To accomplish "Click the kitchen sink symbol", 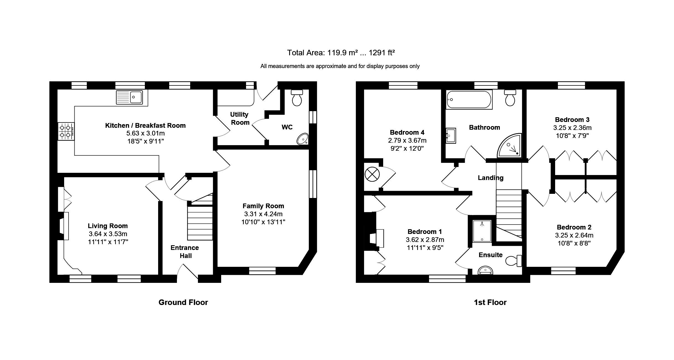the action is click(130, 97).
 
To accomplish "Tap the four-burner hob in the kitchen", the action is click(66, 131).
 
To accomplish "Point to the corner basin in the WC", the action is click(302, 139).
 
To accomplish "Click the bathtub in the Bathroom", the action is click(469, 100).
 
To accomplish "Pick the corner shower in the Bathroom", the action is click(509, 146).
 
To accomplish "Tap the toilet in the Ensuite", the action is click(514, 261).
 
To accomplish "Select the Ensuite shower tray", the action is click(482, 231).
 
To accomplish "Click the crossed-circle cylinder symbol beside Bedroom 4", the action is click(372, 175).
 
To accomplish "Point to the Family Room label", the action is click(263, 206).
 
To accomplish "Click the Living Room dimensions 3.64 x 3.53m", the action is click(108, 234).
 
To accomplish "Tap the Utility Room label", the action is click(239, 118).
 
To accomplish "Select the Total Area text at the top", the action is click(341, 53).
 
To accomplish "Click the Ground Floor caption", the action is click(183, 302).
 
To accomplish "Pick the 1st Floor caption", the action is click(490, 302).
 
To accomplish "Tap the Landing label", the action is click(491, 178).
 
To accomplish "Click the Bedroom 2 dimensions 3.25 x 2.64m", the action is click(574, 235).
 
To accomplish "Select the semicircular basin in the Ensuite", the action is click(485, 270).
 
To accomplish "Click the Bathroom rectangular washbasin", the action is click(451, 135).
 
